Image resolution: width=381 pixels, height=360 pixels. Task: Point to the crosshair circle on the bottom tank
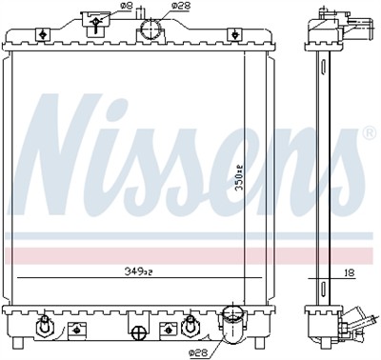138,332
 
